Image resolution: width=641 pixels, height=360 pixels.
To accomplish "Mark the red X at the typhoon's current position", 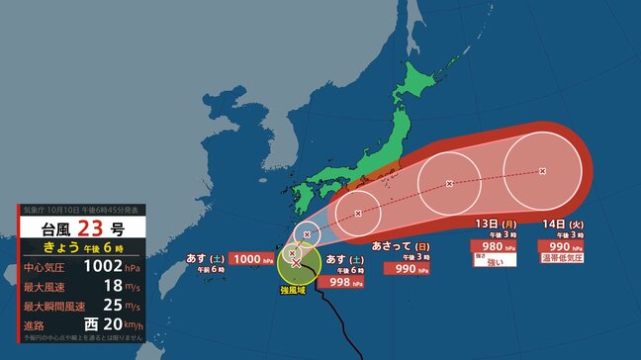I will click(x=296, y=264).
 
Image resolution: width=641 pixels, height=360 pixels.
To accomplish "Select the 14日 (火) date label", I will click(x=561, y=223).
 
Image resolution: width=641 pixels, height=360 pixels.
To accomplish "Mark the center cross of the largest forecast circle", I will click(x=542, y=171).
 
